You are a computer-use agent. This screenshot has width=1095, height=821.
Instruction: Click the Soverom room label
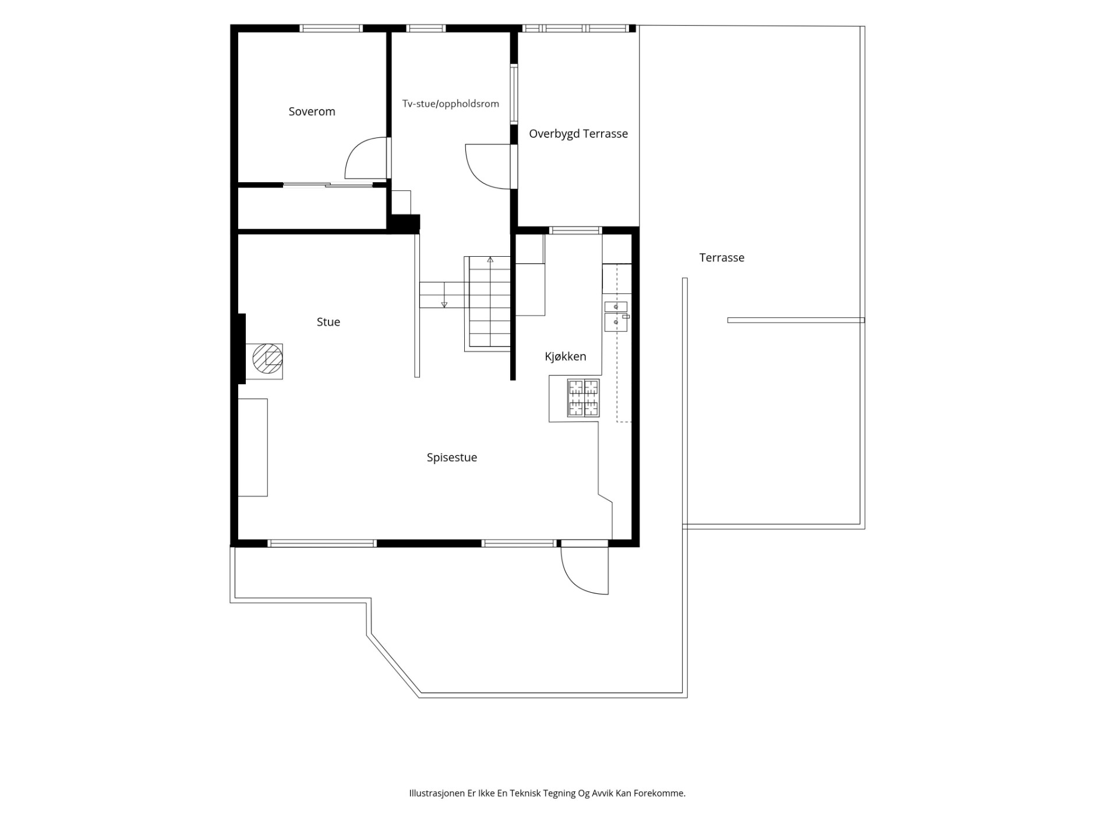(312, 111)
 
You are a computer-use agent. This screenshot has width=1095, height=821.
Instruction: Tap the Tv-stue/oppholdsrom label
(450, 104)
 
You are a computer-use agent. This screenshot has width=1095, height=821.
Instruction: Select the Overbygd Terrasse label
(578, 133)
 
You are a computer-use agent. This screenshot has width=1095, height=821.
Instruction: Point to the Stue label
(328, 322)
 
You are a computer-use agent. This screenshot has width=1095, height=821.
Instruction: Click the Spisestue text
(451, 458)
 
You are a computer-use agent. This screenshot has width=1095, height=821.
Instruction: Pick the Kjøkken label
(565, 356)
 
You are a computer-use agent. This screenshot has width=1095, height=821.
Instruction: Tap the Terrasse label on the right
(722, 257)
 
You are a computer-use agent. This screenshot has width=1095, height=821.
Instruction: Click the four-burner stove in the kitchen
(583, 398)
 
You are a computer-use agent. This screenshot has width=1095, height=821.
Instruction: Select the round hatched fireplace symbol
(267, 359)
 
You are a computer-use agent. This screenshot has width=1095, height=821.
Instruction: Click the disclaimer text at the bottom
(547, 793)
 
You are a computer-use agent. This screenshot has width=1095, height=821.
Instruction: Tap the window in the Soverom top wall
(331, 28)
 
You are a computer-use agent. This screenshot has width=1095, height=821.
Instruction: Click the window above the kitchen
(575, 230)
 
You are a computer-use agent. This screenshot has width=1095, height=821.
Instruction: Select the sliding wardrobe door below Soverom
(328, 185)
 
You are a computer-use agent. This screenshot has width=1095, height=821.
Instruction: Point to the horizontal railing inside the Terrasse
(796, 320)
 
